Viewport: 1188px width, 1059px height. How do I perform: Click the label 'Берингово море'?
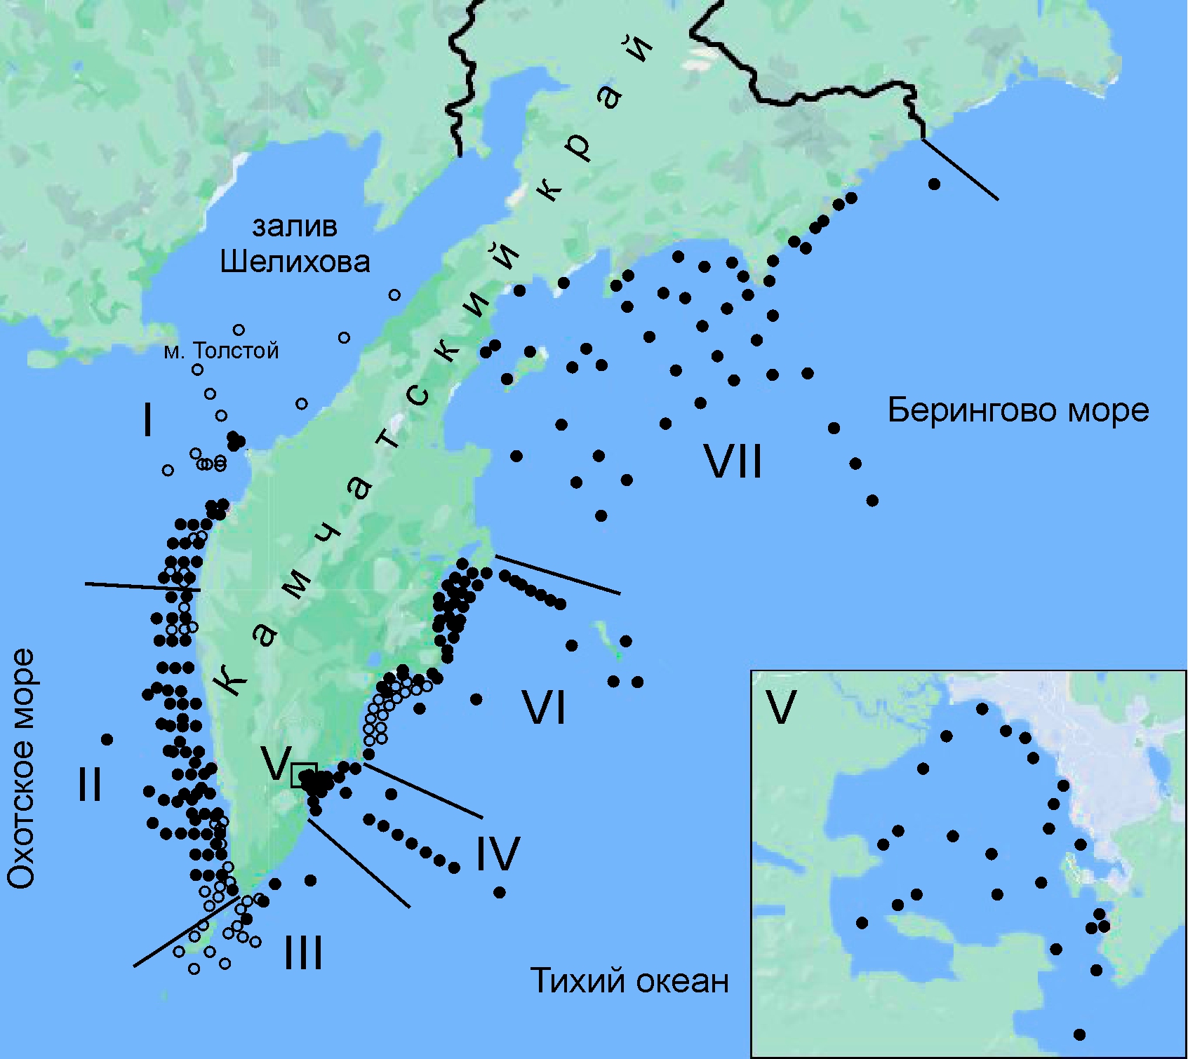tap(1018, 410)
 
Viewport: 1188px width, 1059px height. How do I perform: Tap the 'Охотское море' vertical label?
tap(21, 769)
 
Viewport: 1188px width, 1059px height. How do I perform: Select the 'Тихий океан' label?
tap(629, 980)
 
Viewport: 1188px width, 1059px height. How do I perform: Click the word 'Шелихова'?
tap(295, 262)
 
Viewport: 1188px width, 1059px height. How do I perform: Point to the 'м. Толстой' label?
tap(221, 351)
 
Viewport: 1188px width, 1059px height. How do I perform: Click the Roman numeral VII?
tap(733, 463)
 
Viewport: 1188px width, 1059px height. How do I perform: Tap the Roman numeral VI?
tap(545, 708)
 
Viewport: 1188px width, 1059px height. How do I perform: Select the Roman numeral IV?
tap(498, 854)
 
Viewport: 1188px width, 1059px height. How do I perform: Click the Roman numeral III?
tap(303, 953)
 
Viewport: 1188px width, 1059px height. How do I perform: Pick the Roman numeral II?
tap(89, 784)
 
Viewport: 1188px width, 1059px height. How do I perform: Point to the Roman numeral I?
tap(147, 421)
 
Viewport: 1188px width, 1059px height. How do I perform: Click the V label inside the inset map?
tap(781, 708)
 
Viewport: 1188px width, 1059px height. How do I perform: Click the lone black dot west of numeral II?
tap(107, 739)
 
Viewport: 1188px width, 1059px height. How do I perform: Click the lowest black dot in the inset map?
tap(1079, 1034)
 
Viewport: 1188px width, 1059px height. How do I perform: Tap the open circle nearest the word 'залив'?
tap(395, 295)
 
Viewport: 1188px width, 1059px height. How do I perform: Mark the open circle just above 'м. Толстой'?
tap(239, 330)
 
